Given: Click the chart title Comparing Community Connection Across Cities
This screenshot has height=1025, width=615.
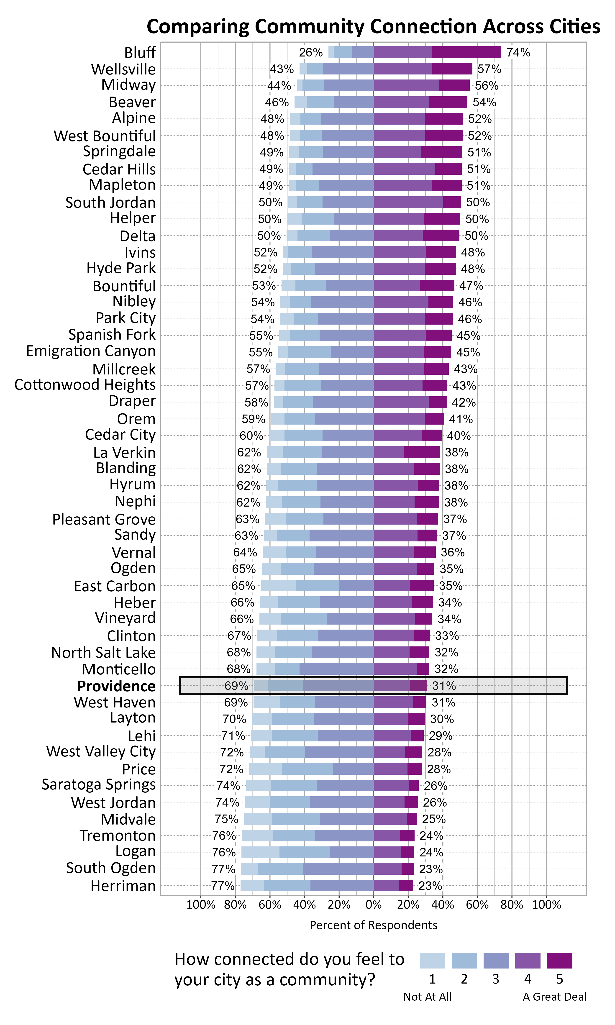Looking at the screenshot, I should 373,26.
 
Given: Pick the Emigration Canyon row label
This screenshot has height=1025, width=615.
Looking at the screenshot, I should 91,351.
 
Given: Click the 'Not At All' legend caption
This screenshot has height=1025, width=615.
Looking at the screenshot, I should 427,997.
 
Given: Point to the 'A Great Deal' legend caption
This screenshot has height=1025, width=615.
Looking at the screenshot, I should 554,997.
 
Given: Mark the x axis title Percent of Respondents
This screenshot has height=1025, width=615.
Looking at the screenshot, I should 373,925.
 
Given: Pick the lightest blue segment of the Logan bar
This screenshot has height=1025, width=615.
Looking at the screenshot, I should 260,853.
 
